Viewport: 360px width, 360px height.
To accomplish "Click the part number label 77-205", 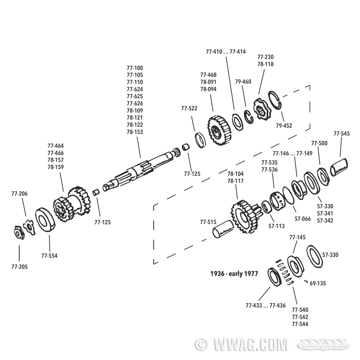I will [19, 267].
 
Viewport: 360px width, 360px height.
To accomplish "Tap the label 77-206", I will [19, 194].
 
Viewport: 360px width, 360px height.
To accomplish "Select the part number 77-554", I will [49, 256].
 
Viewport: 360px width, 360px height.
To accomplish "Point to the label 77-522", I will [189, 108].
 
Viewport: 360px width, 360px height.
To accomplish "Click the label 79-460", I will [243, 81].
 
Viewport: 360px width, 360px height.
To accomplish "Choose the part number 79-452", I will [284, 125].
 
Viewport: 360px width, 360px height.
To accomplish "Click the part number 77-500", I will [319, 144].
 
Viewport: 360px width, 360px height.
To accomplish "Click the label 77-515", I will [208, 221].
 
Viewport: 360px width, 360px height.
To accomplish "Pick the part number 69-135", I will [318, 283].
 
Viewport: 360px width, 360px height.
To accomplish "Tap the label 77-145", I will [297, 237].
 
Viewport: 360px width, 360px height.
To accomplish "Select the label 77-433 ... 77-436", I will [265, 306].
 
